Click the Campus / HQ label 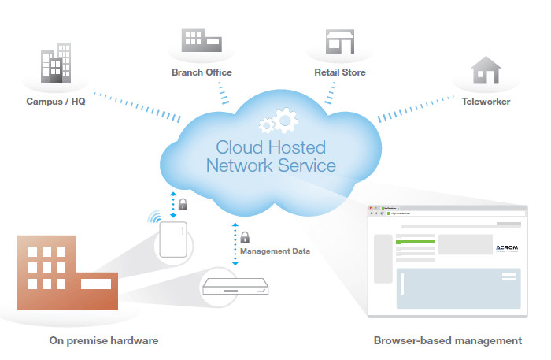(x=57, y=102)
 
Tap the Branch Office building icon (x=201, y=42)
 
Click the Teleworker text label (x=486, y=102)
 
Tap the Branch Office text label (x=202, y=72)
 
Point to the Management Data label (x=275, y=251)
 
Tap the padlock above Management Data (x=244, y=236)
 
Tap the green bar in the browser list (x=419, y=242)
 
